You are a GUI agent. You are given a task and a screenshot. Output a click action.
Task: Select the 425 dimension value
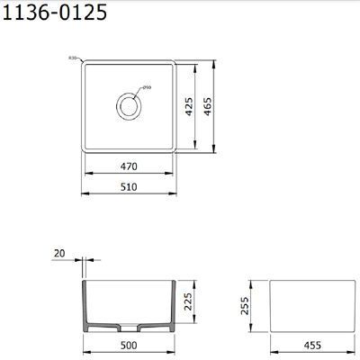(190, 109)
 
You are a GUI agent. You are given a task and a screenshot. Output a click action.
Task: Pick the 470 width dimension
(129, 166)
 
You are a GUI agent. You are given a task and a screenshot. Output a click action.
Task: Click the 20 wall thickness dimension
(60, 255)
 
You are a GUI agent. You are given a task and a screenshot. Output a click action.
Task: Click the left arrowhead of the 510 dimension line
(84, 193)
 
